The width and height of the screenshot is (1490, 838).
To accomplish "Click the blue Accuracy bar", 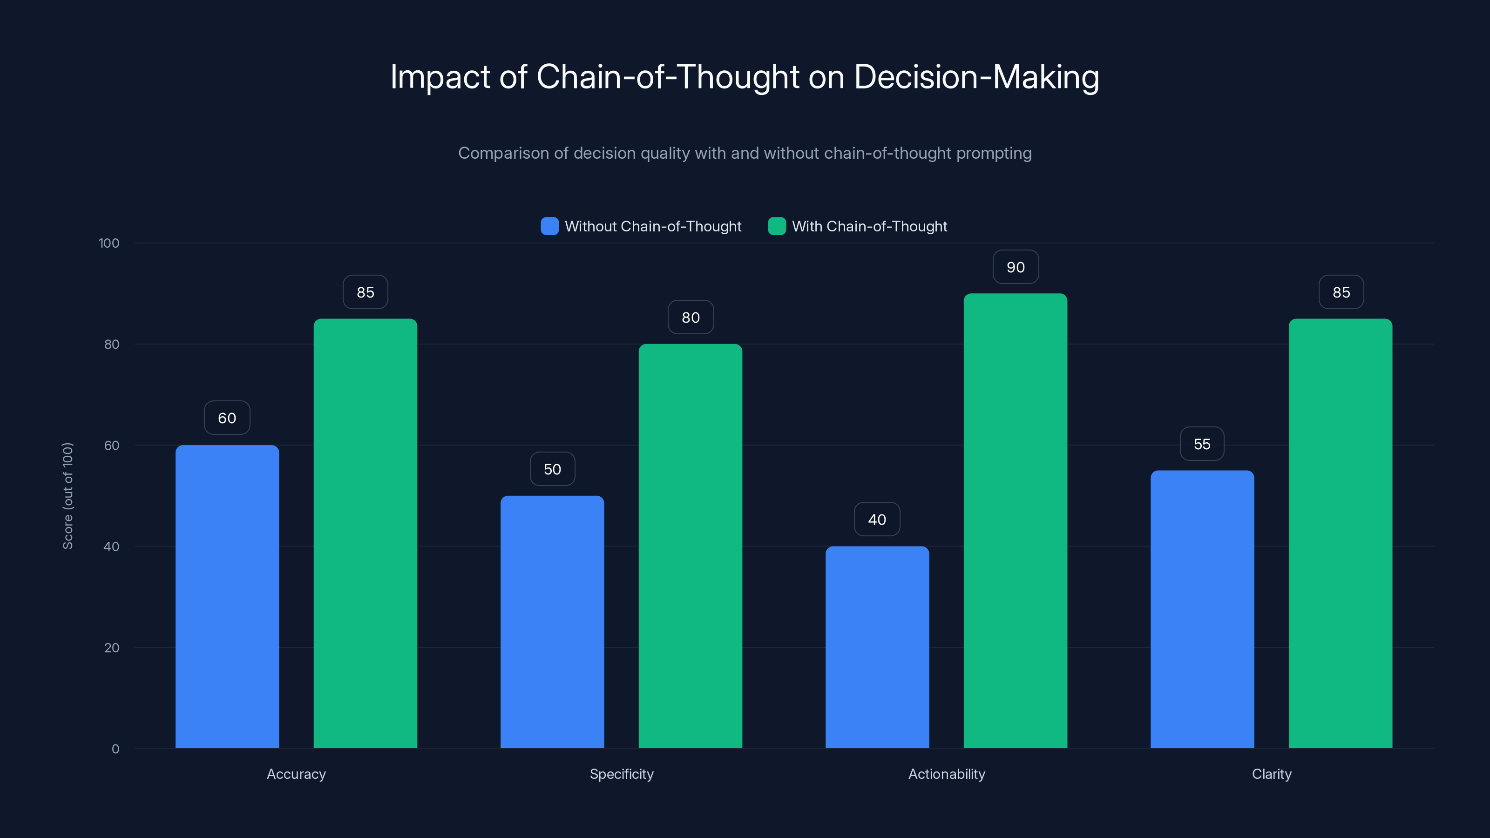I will coord(227,596).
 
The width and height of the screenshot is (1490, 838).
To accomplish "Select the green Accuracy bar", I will coord(365,533).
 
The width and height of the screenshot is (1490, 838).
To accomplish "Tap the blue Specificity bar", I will coord(552,621).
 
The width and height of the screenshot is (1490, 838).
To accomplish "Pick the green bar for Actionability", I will coord(1015,520).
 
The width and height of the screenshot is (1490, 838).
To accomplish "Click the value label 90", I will coord(1015,267).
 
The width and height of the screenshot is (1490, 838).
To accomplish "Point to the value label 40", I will coord(877,520).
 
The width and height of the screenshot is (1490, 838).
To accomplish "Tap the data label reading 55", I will coord(1202,444).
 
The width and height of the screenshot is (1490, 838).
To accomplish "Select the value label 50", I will coord(552,469).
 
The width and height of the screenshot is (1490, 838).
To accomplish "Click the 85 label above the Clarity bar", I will coord(1341,292).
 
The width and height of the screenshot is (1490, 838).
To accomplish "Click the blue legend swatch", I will coord(549,226).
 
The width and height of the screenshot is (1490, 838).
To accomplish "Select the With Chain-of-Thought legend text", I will coord(869,226).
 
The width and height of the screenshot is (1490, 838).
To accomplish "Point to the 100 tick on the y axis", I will coord(109,243).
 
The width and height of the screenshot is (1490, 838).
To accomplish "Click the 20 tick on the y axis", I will coord(112,648).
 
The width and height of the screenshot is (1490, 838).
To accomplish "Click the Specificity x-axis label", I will coord(621,774).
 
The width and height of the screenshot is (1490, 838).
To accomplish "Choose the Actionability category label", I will coord(946,774).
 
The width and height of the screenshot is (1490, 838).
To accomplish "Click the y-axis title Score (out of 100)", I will coord(68,496).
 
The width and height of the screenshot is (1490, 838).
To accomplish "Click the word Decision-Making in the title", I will coord(976,77).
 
